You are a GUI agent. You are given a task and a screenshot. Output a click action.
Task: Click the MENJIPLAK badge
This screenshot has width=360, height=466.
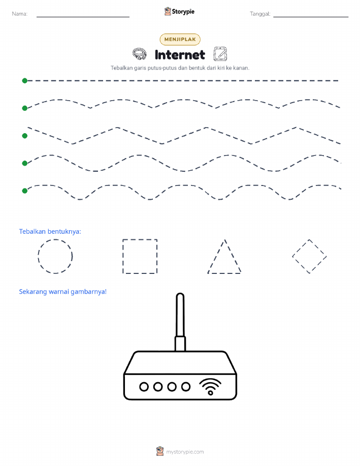pyautogui.click(x=180, y=39)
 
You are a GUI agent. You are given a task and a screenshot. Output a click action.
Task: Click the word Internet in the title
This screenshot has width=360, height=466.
pyautogui.click(x=180, y=55)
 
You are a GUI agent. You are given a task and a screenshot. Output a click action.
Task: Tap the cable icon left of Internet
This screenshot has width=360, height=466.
pyautogui.click(x=139, y=54)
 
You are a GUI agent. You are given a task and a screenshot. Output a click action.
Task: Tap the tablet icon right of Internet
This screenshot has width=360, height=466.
pyautogui.click(x=220, y=54)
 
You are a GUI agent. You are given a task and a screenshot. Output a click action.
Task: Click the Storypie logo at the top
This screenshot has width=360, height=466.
pyautogui.click(x=179, y=12)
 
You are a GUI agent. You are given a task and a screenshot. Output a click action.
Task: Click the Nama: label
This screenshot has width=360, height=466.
pyautogui.click(x=20, y=14)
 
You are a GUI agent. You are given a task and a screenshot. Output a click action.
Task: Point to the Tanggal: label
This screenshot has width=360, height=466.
pyautogui.click(x=260, y=14)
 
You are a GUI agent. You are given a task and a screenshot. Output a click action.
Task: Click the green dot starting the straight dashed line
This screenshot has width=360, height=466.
pyautogui.click(x=25, y=80)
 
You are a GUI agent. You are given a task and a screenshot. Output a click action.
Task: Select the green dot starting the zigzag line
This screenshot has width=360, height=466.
pyautogui.click(x=25, y=136)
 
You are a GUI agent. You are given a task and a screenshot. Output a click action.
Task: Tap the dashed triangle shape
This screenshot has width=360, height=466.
pyautogui.click(x=216, y=256)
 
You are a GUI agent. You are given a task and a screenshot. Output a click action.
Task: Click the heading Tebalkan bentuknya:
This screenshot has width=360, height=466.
pyautogui.click(x=50, y=232)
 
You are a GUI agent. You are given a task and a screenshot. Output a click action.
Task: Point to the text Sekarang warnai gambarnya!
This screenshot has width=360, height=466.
pyautogui.click(x=62, y=292)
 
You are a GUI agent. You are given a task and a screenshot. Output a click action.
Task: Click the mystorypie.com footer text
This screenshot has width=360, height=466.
pyautogui.click(x=185, y=452)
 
